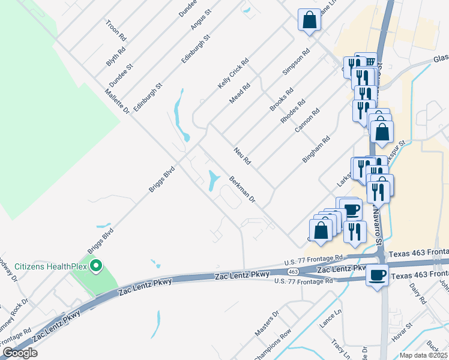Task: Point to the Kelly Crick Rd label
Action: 233,74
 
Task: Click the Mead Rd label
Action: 240,94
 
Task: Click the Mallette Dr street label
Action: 116,100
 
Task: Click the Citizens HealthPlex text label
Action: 50,266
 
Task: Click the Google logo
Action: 20,353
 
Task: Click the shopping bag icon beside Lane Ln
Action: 309,20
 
